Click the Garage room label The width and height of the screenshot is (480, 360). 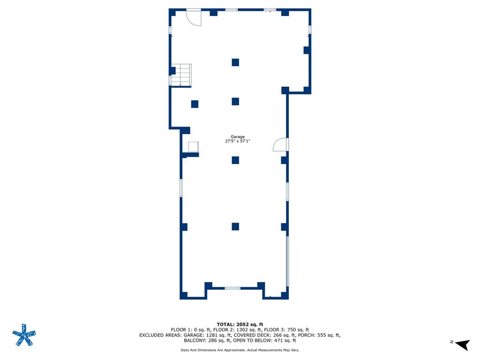(x=238, y=137)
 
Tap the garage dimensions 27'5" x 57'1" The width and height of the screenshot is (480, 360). (x=238, y=141)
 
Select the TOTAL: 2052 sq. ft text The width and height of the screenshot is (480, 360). (x=240, y=324)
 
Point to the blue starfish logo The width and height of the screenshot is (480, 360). (x=24, y=335)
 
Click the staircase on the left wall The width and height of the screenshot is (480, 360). (x=181, y=75)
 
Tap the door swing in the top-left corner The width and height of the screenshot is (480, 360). (x=194, y=18)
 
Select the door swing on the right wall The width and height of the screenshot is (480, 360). (x=280, y=144)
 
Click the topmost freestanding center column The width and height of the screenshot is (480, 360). (x=235, y=62)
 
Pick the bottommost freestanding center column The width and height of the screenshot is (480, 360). (x=235, y=226)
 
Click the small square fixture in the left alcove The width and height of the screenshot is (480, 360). (x=193, y=147)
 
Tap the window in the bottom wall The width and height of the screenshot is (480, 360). (x=232, y=288)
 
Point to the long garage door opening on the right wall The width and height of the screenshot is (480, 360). (x=287, y=261)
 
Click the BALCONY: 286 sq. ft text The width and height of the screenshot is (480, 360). (x=207, y=340)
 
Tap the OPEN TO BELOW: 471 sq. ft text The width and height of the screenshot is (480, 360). (x=264, y=340)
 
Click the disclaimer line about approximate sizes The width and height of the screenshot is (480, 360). (x=240, y=350)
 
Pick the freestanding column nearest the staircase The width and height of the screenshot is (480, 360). (x=195, y=104)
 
